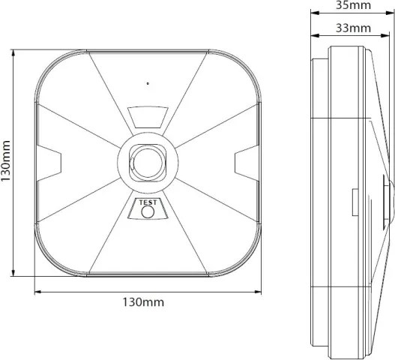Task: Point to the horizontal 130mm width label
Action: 143,302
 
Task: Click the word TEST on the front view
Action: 148,202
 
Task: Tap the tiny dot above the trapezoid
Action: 148,82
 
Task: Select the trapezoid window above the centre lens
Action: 148,116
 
